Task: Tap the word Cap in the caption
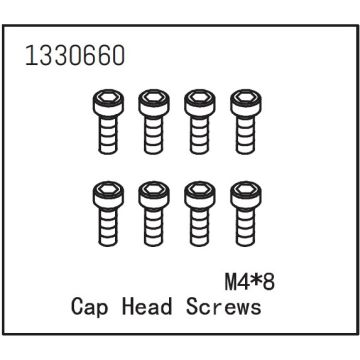pyautogui.click(x=93, y=306)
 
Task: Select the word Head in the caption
pyautogui.click(x=152, y=306)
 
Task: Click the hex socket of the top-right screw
pyautogui.click(x=244, y=100)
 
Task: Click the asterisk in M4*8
pyautogui.click(x=249, y=278)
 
